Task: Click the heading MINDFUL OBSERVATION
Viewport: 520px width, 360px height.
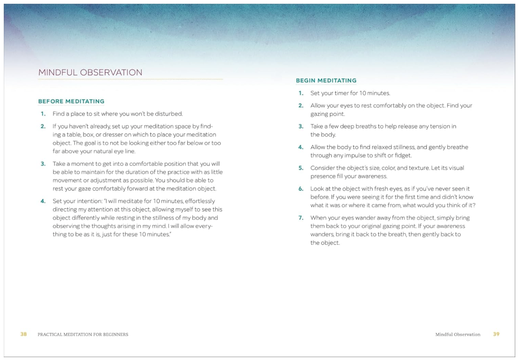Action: [x=90, y=73]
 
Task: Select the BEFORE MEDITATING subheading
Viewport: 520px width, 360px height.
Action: [x=71, y=101]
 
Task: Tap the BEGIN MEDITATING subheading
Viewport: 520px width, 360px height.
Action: [x=326, y=80]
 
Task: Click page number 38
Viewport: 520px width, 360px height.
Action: [x=23, y=334]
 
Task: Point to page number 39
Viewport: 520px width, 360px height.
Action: [x=496, y=334]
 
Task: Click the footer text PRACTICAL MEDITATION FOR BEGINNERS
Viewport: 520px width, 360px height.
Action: [x=83, y=334]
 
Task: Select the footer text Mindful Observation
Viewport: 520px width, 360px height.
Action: [x=457, y=334]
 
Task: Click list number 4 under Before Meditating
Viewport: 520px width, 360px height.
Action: [x=42, y=201]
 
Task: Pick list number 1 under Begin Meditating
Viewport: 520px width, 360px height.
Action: [x=301, y=93]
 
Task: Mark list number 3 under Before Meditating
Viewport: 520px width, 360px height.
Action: [x=42, y=164]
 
